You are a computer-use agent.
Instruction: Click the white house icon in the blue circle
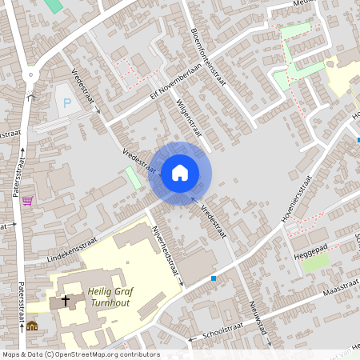click(180, 172)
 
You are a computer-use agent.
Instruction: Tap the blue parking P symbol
click(66, 102)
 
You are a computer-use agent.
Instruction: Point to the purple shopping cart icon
click(27, 200)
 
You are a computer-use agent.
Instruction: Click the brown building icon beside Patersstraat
click(31, 326)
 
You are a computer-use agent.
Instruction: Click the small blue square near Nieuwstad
click(214, 278)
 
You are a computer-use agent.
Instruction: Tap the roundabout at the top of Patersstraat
click(32, 75)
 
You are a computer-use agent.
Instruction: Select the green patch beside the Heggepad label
click(314, 262)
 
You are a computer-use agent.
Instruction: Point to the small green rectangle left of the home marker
click(133, 178)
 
